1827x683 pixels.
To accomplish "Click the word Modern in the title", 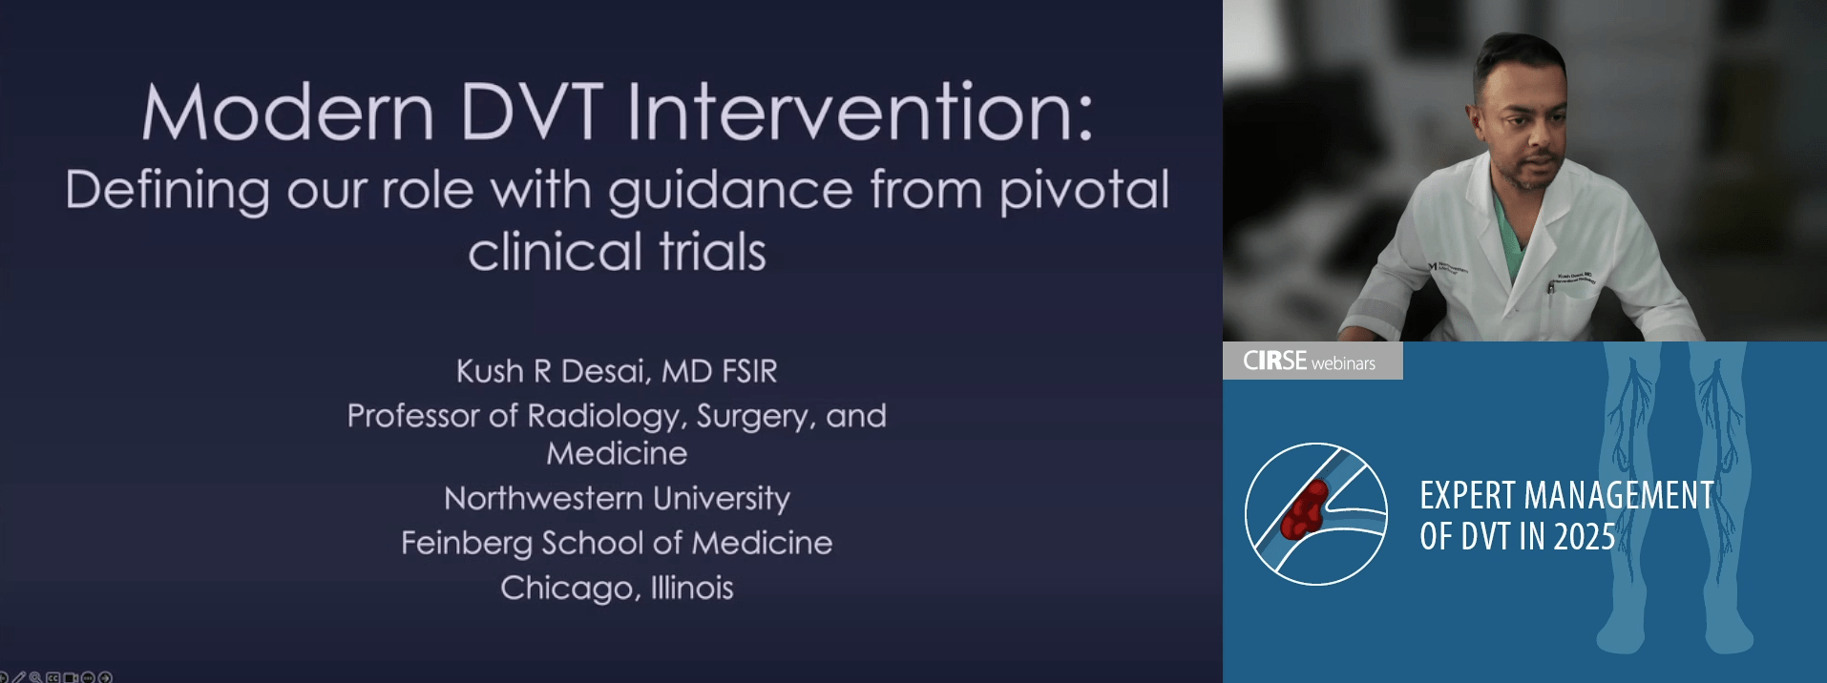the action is coord(288,113).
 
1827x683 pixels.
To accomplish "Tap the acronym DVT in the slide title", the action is coord(532,113).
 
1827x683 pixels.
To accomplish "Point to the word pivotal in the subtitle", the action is coord(1084,191).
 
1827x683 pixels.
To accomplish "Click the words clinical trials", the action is coord(617,252).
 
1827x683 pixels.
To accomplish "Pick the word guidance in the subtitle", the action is coord(730,192).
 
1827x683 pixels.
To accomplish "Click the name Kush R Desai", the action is coord(552,371).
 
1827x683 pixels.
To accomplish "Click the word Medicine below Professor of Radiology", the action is coord(617,453).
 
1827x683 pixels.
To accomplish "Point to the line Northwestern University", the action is coord(617,498).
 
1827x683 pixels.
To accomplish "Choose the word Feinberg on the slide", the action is coord(467,544).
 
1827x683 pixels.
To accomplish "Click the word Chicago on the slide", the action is coord(567,589).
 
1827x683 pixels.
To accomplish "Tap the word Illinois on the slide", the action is coord(692,588).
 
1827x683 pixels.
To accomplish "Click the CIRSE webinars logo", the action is coord(1310,362).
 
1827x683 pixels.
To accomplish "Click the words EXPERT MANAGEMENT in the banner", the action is coord(1566,496).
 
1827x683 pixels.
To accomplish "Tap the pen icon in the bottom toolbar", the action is coord(19,677).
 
